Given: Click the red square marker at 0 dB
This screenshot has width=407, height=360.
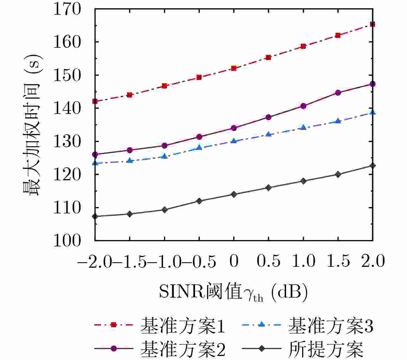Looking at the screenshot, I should coord(234,68).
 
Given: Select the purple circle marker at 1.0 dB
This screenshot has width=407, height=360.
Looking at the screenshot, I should coord(303,106).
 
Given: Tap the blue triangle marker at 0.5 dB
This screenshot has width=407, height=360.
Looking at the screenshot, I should coord(269,134).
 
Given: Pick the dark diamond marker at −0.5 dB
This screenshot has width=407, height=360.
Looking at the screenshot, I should coord(199,201).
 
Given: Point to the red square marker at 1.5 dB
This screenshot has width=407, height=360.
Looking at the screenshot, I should coord(338,35).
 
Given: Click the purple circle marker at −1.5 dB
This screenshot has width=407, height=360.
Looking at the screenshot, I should coord(130,150).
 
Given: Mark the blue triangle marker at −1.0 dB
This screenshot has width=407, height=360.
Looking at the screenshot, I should coord(164,156).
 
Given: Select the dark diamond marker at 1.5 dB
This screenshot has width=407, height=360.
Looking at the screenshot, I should coord(338,174).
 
